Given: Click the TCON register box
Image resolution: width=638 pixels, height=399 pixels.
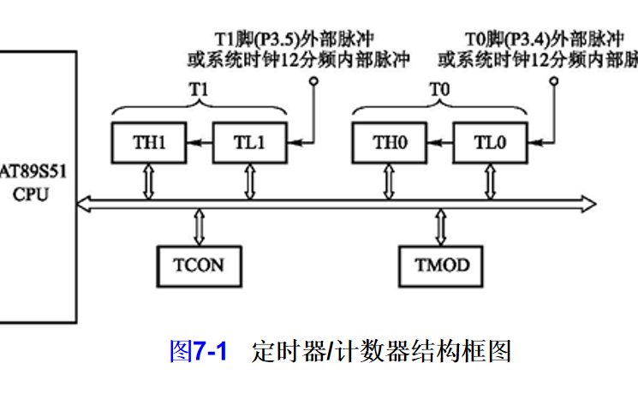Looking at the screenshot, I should [x=199, y=265].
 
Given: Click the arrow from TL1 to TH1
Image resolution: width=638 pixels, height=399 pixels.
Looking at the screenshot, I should [x=200, y=143].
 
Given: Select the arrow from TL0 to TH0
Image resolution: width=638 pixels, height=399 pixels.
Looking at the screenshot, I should [x=440, y=143].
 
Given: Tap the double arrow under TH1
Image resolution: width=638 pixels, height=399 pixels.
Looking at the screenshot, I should [x=149, y=182].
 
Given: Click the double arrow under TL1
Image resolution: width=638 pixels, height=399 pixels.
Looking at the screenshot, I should [x=250, y=182].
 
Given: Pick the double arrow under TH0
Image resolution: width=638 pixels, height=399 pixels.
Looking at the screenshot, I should [x=390, y=182].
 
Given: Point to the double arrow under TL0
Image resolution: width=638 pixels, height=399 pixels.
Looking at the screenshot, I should [x=491, y=182].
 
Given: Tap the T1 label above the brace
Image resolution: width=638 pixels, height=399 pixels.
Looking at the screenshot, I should [x=199, y=88].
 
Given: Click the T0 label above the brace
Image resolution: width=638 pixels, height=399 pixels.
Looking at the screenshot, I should [x=439, y=88].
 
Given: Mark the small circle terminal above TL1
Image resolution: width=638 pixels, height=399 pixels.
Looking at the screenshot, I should [x=313, y=81].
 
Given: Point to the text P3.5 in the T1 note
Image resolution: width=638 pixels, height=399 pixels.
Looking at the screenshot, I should [x=273, y=39].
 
